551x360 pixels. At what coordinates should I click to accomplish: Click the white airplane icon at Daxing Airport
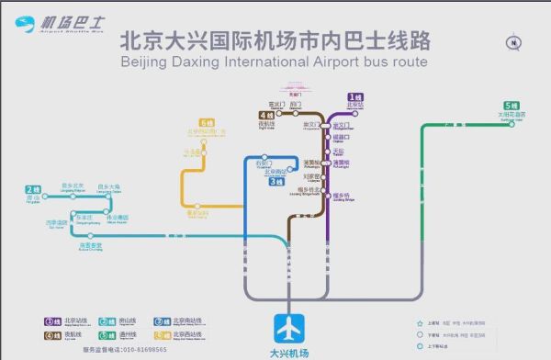tap(288, 329)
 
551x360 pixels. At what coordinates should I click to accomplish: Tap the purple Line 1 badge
tap(354, 96)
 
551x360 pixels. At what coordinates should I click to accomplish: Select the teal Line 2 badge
tap(35, 189)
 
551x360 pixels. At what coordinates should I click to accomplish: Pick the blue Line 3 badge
tap(275, 182)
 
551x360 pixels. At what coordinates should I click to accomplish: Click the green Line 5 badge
tap(510, 106)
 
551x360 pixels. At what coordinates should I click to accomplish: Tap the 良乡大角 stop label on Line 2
tap(108, 187)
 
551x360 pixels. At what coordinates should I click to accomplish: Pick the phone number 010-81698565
tap(138, 350)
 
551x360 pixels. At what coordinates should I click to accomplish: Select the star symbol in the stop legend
tap(420, 322)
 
